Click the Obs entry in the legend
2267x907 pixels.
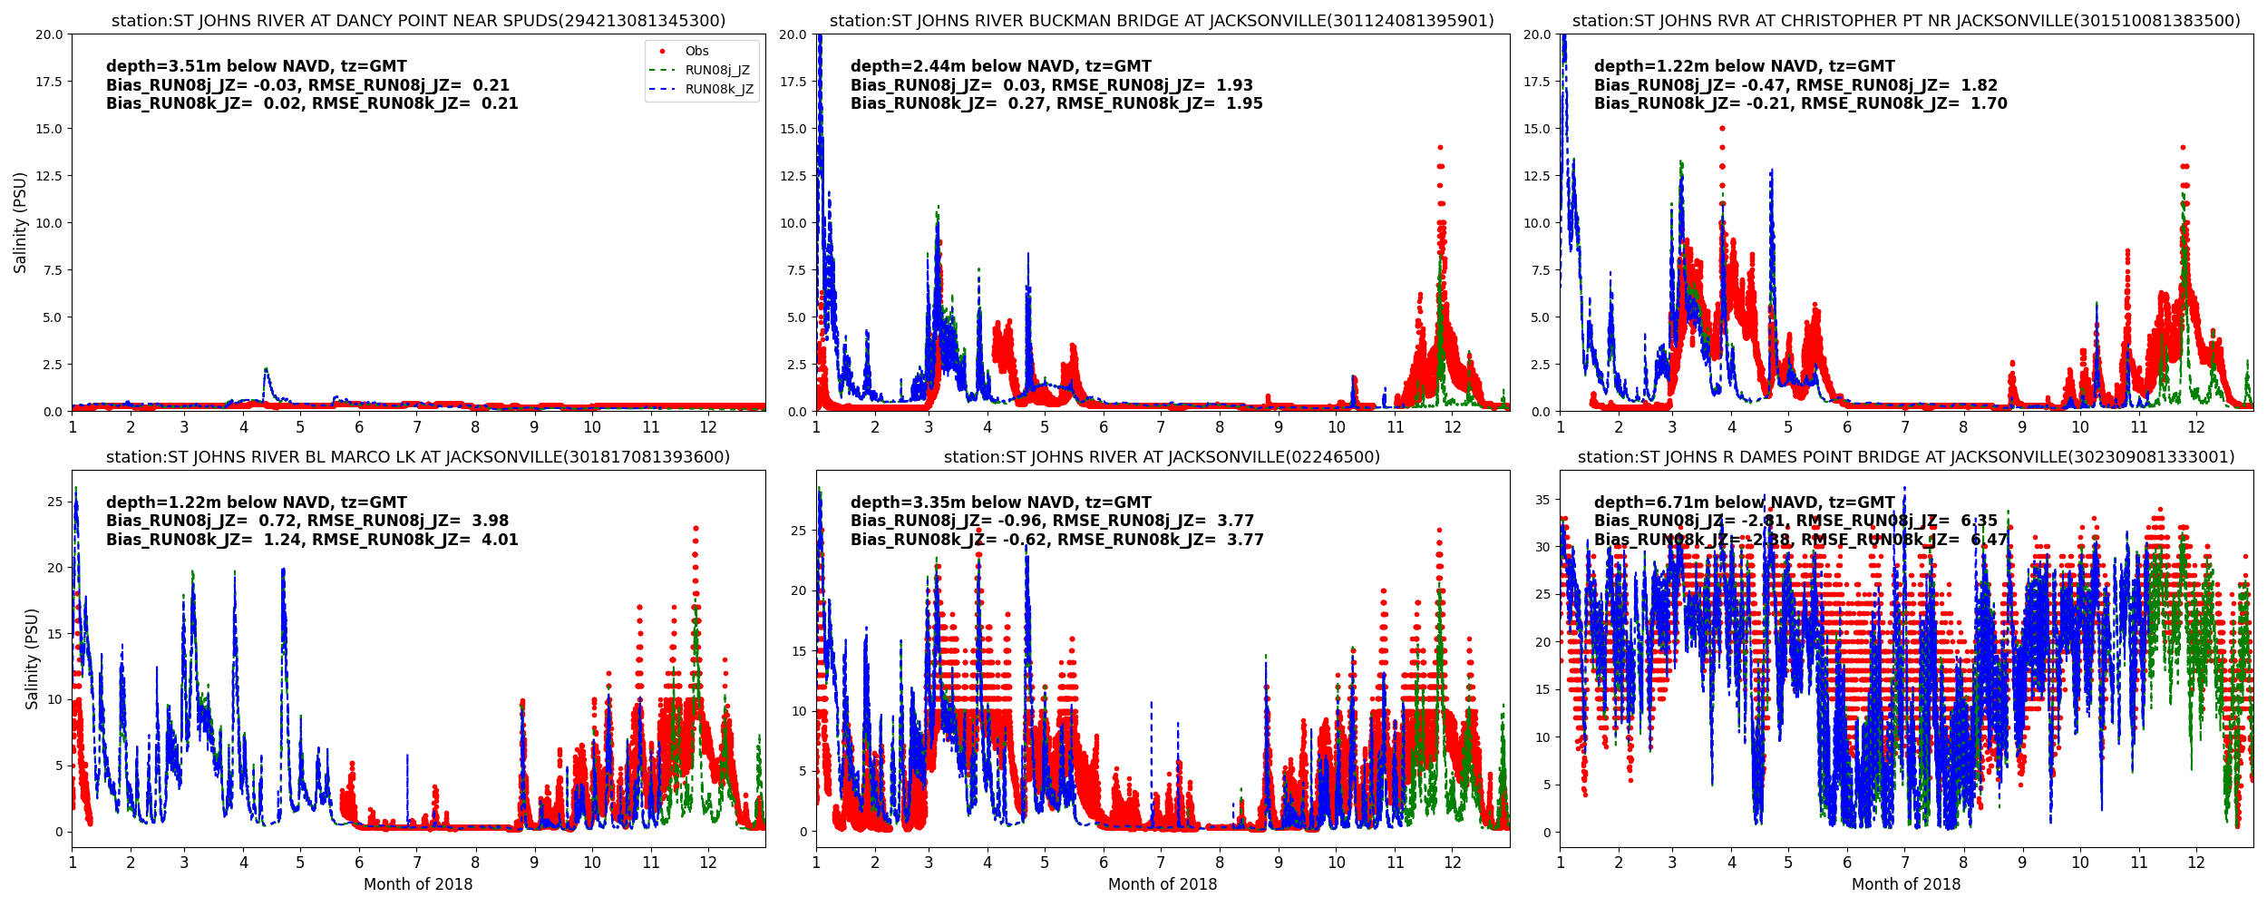click(x=696, y=52)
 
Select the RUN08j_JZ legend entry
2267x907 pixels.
click(x=716, y=71)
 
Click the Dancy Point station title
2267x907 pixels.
click(x=418, y=21)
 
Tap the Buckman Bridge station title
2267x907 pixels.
click(x=1162, y=21)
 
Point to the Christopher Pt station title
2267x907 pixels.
click(x=1906, y=21)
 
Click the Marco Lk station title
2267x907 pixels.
click(x=418, y=457)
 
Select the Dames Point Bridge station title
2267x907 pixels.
click(x=1906, y=457)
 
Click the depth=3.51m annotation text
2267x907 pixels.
click(x=257, y=66)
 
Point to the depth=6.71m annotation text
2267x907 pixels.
click(x=1745, y=502)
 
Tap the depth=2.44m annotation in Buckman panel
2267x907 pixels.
click(x=1000, y=66)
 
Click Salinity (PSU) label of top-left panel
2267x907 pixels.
click(x=20, y=222)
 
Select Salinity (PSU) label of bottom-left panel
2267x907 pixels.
click(x=32, y=658)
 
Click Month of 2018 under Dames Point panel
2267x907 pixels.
click(x=1906, y=884)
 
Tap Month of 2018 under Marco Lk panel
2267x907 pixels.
click(x=418, y=884)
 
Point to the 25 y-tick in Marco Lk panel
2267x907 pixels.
click(x=54, y=502)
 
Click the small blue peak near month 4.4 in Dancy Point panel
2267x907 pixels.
click(x=266, y=369)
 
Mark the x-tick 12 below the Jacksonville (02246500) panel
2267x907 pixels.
click(x=1453, y=863)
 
